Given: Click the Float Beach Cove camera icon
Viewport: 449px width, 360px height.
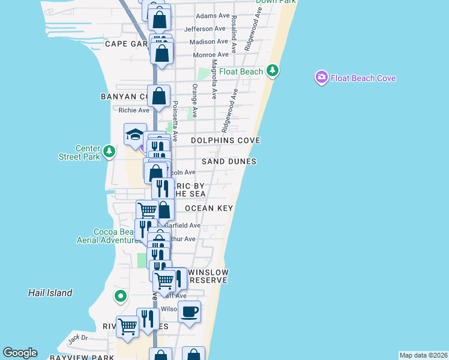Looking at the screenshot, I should tap(321, 77).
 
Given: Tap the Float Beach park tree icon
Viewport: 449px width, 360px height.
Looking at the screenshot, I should tap(273, 71).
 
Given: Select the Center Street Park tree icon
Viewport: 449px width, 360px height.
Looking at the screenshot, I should tap(109, 151).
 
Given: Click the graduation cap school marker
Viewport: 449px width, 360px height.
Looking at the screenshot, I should tap(136, 134).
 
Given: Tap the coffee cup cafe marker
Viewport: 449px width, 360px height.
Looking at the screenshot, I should tap(190, 312).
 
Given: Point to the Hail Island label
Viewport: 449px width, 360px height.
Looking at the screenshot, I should tap(50, 293).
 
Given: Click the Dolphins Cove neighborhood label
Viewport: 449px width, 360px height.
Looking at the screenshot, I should tap(225, 140).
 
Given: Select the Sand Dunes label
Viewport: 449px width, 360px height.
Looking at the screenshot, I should tap(229, 161).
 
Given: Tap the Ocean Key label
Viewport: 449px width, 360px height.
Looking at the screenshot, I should tap(209, 208).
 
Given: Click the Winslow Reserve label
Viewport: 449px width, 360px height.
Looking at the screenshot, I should tap(208, 276).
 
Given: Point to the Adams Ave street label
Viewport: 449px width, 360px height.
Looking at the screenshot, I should tap(213, 16).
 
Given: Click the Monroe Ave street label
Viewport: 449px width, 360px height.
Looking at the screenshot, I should tap(211, 55).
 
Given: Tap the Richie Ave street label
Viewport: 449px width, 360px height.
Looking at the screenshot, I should tap(134, 110).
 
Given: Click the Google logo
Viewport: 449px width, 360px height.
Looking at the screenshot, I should tap(20, 353).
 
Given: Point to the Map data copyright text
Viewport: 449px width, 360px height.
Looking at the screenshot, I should tap(423, 355).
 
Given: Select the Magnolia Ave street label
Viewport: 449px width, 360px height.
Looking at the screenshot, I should tap(214, 78).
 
